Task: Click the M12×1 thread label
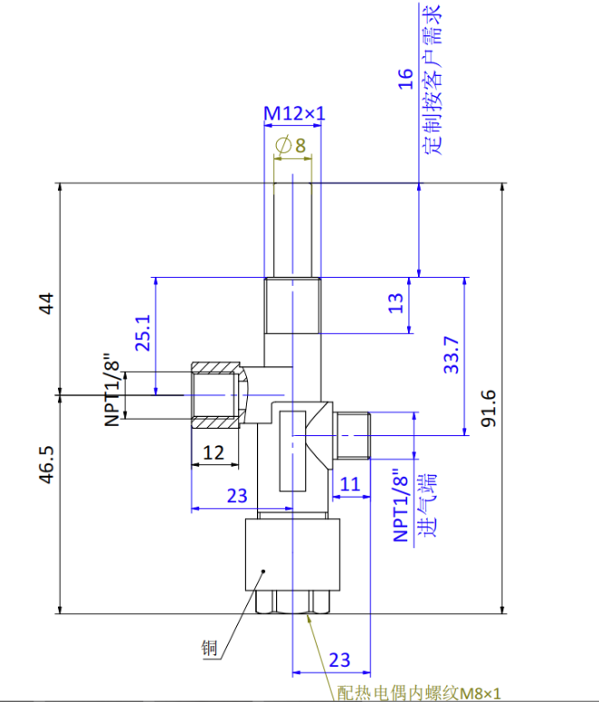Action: point(294,114)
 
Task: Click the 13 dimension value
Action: point(395,304)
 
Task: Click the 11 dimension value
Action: point(350,484)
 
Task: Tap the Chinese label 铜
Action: point(209,648)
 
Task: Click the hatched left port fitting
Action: point(217,396)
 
